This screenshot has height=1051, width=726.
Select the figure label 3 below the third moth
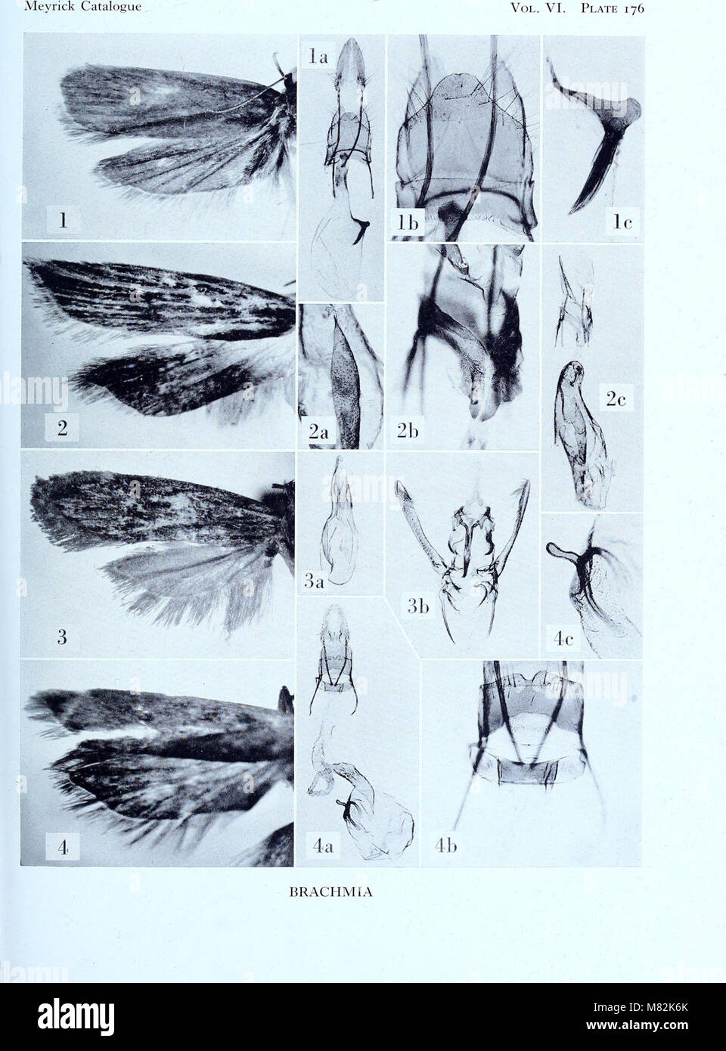tap(62, 637)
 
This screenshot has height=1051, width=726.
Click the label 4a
tap(321, 849)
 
